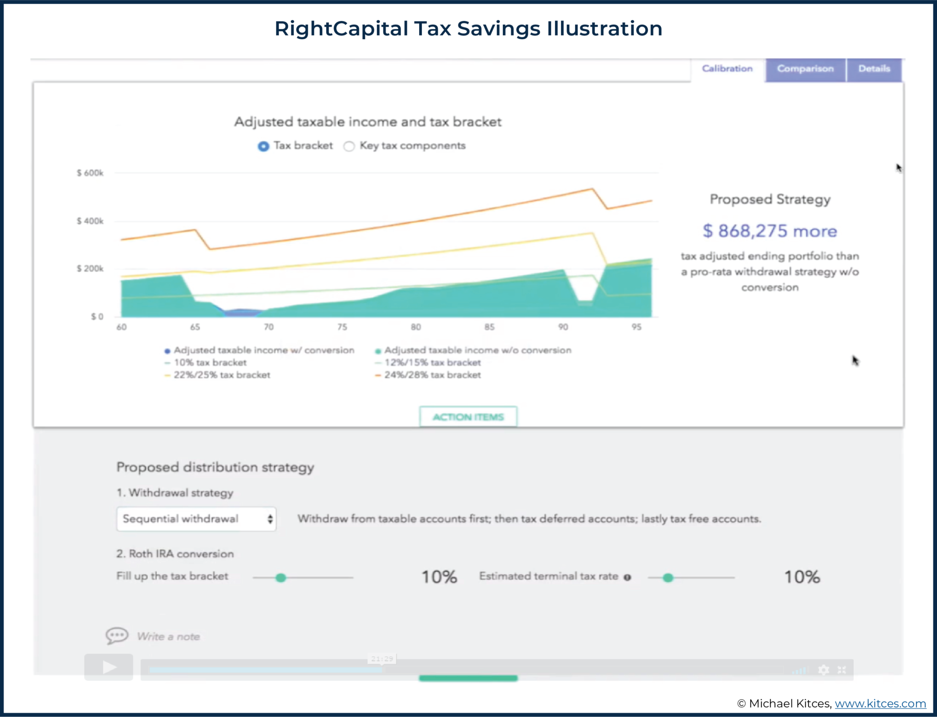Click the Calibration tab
[x=727, y=69]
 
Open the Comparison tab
[x=805, y=69]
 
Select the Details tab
[x=874, y=69]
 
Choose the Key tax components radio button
[x=349, y=146]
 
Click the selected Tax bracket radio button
[x=264, y=146]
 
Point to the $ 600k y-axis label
[x=90, y=173]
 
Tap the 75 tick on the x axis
[x=342, y=327]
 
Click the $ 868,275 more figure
[x=770, y=231]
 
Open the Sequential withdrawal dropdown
[x=196, y=519]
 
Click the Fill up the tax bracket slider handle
[x=281, y=578]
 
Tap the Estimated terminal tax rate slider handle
[x=668, y=578]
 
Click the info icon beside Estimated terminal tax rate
[x=627, y=578]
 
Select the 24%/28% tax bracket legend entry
[x=432, y=375]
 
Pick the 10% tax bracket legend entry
[x=210, y=363]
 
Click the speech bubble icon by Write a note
[x=117, y=636]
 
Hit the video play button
[x=109, y=668]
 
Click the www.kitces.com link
[x=880, y=703]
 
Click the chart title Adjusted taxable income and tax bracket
[x=368, y=122]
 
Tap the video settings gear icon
[x=824, y=670]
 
